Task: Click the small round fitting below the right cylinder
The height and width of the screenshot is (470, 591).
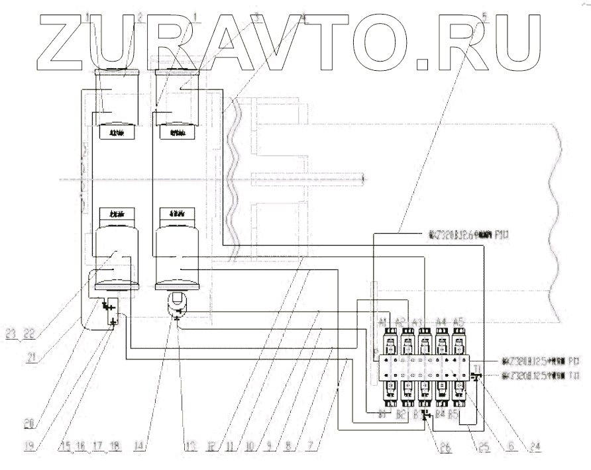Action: tap(176, 305)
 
